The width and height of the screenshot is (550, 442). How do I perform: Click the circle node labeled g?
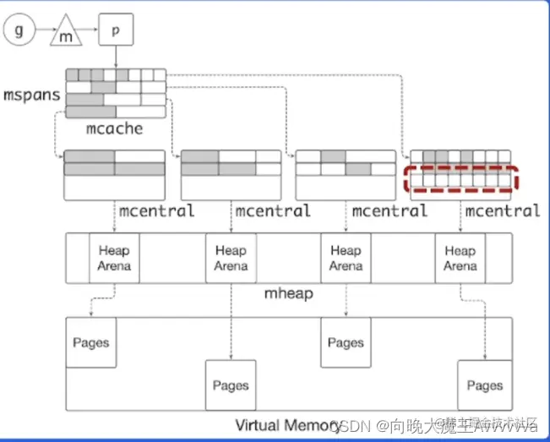[x=19, y=32]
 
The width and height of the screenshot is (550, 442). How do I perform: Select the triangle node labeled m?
[x=65, y=35]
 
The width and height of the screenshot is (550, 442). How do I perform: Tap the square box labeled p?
[x=116, y=30]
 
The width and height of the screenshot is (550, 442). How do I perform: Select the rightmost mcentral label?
[x=502, y=210]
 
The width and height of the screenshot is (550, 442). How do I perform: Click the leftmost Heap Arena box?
[x=114, y=258]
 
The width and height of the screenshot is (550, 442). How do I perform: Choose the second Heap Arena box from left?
[x=231, y=258]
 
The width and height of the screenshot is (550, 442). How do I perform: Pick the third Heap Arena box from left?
[x=346, y=258]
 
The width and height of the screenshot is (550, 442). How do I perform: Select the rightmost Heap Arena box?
[x=460, y=258]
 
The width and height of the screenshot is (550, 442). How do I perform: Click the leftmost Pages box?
[x=90, y=342]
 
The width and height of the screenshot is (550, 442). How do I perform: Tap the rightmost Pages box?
[x=485, y=385]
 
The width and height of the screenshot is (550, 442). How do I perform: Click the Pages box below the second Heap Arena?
[x=231, y=385]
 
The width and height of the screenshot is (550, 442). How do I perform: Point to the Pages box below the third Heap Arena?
[x=346, y=342]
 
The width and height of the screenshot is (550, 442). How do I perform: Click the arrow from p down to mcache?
[x=116, y=57]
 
